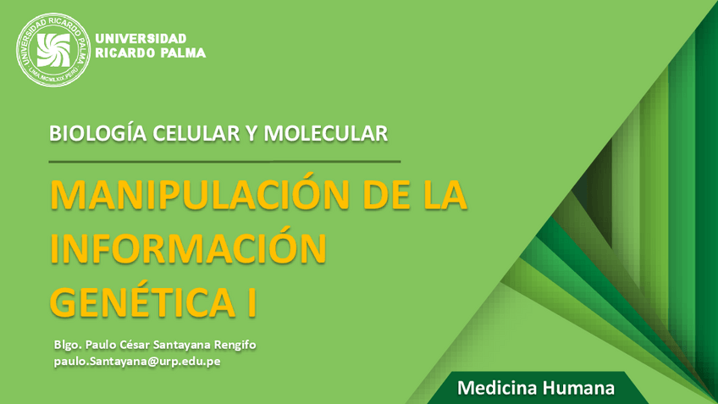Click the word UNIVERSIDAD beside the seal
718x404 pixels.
(x=141, y=38)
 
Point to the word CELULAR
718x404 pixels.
(x=179, y=133)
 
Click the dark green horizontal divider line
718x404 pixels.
(x=224, y=161)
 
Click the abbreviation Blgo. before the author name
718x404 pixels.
(x=66, y=345)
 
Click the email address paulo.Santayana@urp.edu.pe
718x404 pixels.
(x=136, y=361)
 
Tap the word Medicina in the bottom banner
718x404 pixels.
(x=494, y=390)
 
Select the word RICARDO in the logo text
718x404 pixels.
(x=120, y=53)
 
